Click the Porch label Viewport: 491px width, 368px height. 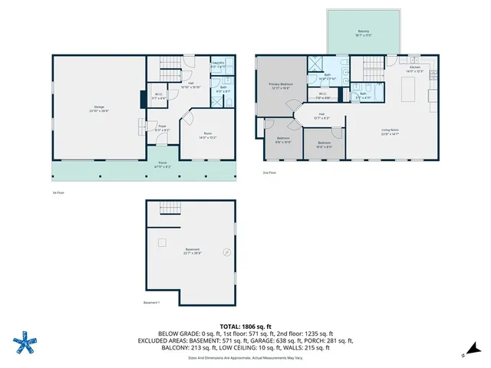162,163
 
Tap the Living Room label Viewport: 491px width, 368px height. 390,130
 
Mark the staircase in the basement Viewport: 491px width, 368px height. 168,208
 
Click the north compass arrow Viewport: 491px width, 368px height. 464,354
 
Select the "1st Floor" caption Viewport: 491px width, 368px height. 58,192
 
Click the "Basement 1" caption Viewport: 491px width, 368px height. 152,302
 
